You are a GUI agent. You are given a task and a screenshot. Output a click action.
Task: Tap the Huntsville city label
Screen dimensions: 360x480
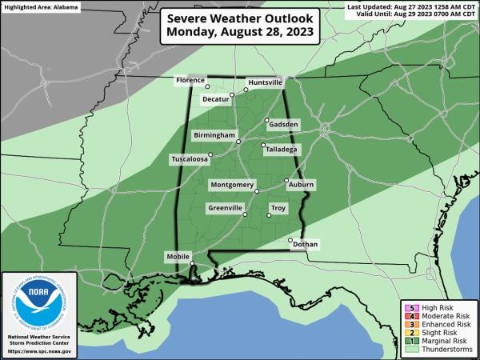[x=266, y=82]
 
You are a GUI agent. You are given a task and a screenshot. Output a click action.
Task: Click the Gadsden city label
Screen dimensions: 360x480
[x=284, y=125]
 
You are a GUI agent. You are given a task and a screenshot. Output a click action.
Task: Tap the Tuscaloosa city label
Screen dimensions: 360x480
[x=190, y=159]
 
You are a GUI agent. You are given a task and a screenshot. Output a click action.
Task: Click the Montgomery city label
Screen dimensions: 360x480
[x=230, y=185]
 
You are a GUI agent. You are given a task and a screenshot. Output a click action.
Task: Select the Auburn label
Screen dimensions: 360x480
[x=301, y=185]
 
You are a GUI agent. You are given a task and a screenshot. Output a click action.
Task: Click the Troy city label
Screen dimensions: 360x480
[x=278, y=208]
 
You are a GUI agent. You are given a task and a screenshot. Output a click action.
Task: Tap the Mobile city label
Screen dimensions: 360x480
[x=177, y=256]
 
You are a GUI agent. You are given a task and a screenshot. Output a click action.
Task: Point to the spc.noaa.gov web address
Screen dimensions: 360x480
[x=39, y=351]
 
